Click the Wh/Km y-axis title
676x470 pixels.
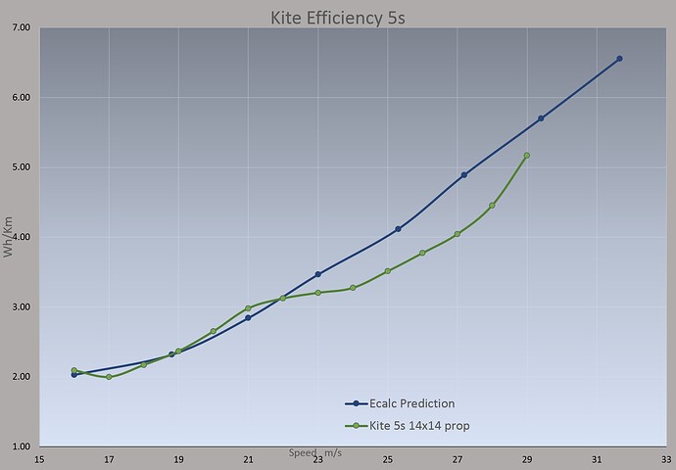tap(10, 238)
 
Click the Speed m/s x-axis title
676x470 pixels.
tap(315, 453)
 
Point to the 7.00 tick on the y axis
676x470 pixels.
tap(21, 28)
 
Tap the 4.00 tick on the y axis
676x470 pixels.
tap(21, 238)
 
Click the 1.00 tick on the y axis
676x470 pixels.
tap(21, 447)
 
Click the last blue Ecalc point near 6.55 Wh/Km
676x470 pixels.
tap(619, 59)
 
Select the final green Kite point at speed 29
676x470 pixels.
tap(527, 156)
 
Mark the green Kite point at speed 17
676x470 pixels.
tap(109, 377)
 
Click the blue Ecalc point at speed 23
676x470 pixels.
tap(318, 274)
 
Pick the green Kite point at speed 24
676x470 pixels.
tap(353, 288)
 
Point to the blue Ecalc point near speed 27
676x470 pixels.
tap(463, 175)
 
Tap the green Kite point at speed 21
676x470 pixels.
tap(248, 308)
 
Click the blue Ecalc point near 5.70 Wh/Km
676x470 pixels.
tap(541, 118)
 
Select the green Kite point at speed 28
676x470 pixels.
tap(492, 206)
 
